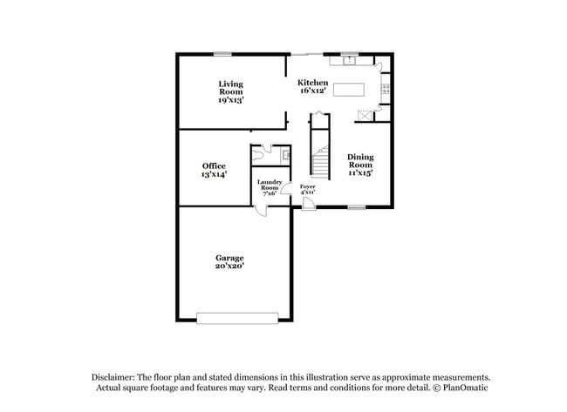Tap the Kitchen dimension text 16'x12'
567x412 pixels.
pos(313,91)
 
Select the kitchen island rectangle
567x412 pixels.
pos(348,88)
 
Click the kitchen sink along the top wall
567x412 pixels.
pos(350,61)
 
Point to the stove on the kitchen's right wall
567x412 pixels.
pos(385,88)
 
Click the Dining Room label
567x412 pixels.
pos(359,161)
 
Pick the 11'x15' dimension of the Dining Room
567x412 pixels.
pos(359,172)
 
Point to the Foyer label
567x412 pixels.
pos(307,186)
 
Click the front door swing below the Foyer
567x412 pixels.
pos(308,203)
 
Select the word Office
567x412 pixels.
pos(214,165)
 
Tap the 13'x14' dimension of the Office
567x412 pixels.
pos(214,175)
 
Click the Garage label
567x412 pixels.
pos(230,257)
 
